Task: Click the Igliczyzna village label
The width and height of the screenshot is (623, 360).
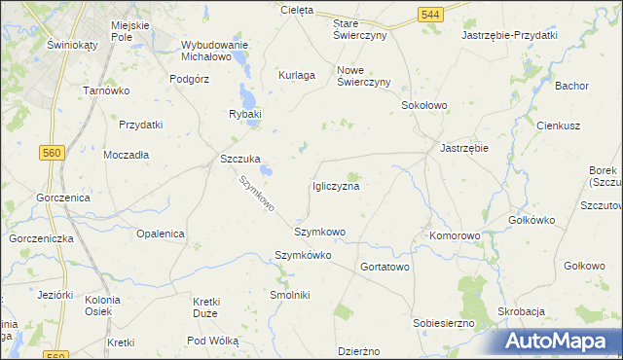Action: (336, 186)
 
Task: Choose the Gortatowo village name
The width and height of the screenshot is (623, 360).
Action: (385, 267)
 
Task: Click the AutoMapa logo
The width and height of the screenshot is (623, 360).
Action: (562, 342)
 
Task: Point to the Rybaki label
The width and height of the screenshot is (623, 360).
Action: (245, 115)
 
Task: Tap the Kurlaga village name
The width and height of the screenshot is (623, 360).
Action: (297, 75)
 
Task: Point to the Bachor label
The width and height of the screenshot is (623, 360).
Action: (571, 86)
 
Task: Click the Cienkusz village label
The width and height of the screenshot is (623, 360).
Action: (559, 126)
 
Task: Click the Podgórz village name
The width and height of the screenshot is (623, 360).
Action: (190, 80)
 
